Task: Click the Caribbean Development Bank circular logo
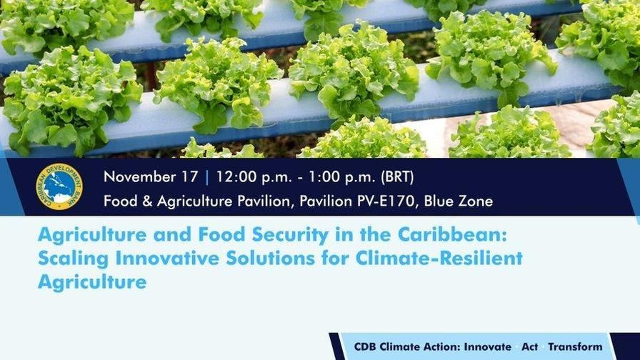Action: [x=59, y=187]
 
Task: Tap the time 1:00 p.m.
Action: [x=336, y=176]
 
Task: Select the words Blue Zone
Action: [x=458, y=201]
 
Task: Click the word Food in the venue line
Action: [x=120, y=201]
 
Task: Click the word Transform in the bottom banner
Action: [x=576, y=346]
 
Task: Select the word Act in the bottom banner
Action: [x=529, y=346]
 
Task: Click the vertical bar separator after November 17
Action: [x=207, y=176]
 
